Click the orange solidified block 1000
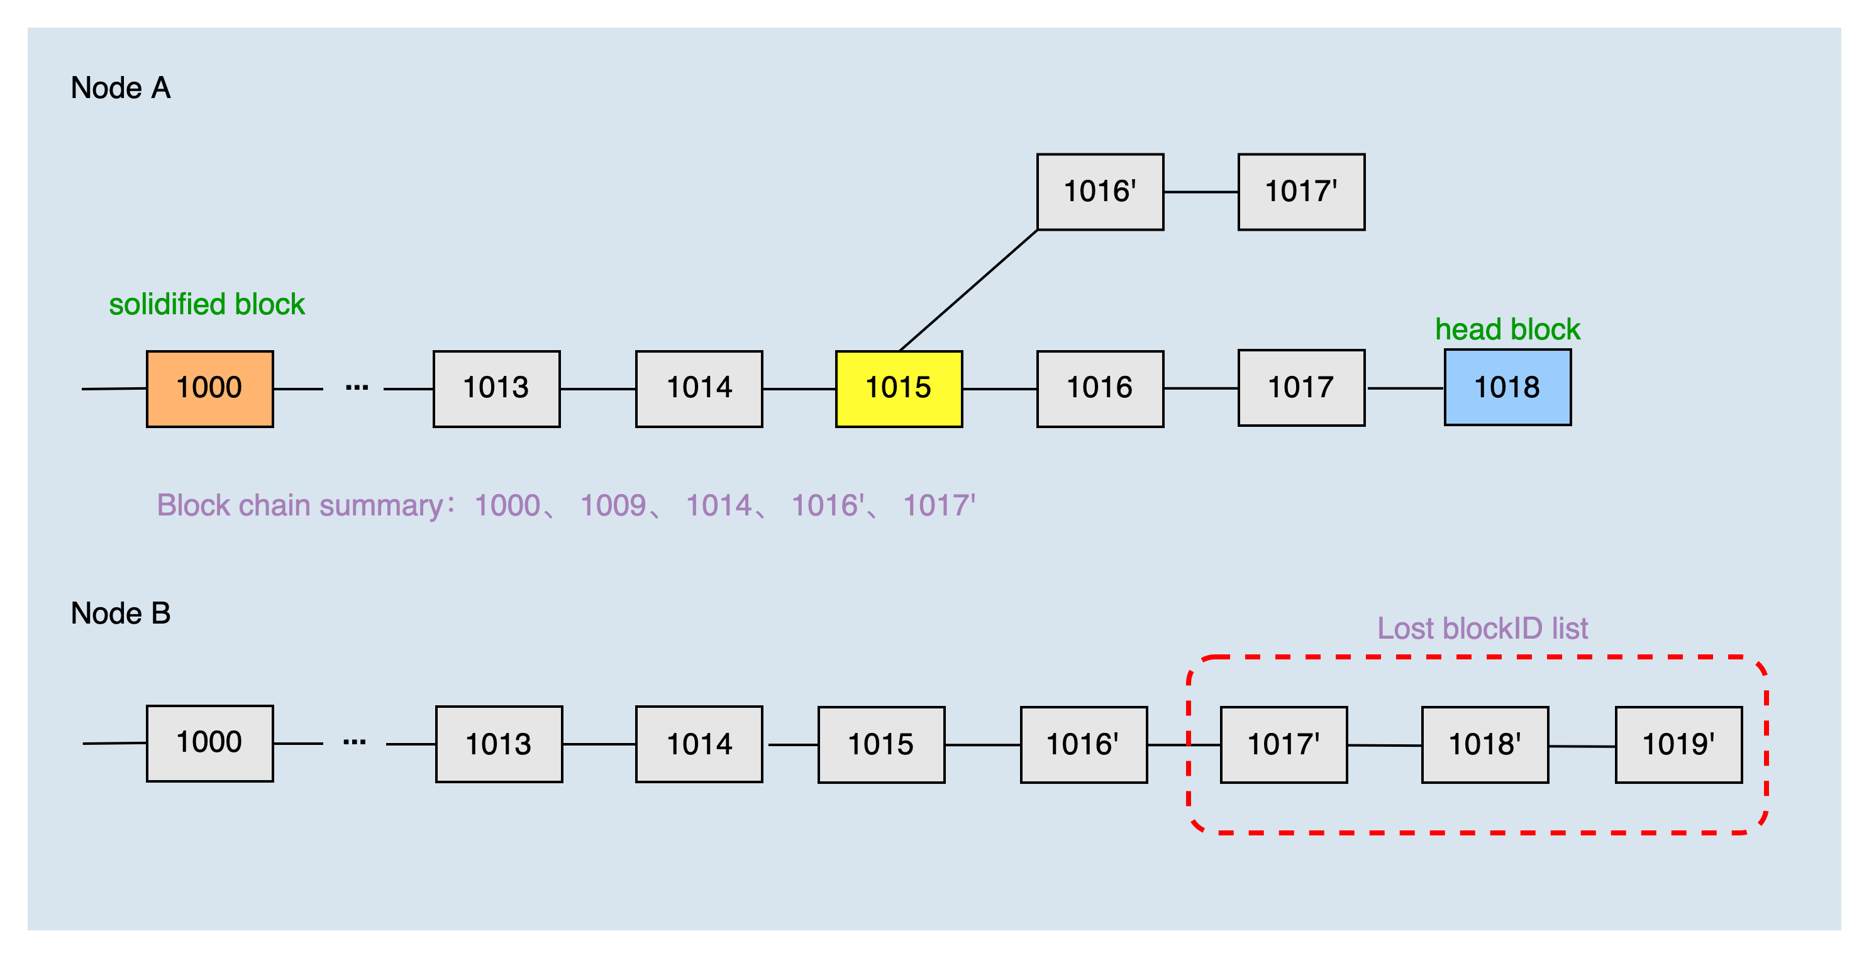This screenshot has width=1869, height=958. tap(209, 388)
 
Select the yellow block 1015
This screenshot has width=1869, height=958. tap(898, 388)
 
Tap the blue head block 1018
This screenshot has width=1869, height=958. tap(1507, 387)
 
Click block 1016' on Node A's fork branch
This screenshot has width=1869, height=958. tap(1099, 192)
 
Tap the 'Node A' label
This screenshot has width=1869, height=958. tap(121, 89)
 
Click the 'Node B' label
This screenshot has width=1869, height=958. tap(121, 614)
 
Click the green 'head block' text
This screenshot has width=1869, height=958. tap(1507, 330)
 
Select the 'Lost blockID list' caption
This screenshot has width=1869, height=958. tap(1482, 629)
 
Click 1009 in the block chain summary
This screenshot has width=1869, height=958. tap(613, 505)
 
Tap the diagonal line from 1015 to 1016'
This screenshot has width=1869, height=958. tap(968, 290)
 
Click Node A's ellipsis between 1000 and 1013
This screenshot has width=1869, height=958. tap(356, 388)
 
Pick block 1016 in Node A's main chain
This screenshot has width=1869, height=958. tap(1099, 388)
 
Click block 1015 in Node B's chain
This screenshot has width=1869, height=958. tap(881, 745)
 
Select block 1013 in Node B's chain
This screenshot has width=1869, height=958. tap(499, 745)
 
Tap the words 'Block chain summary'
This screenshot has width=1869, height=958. tap(299, 505)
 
